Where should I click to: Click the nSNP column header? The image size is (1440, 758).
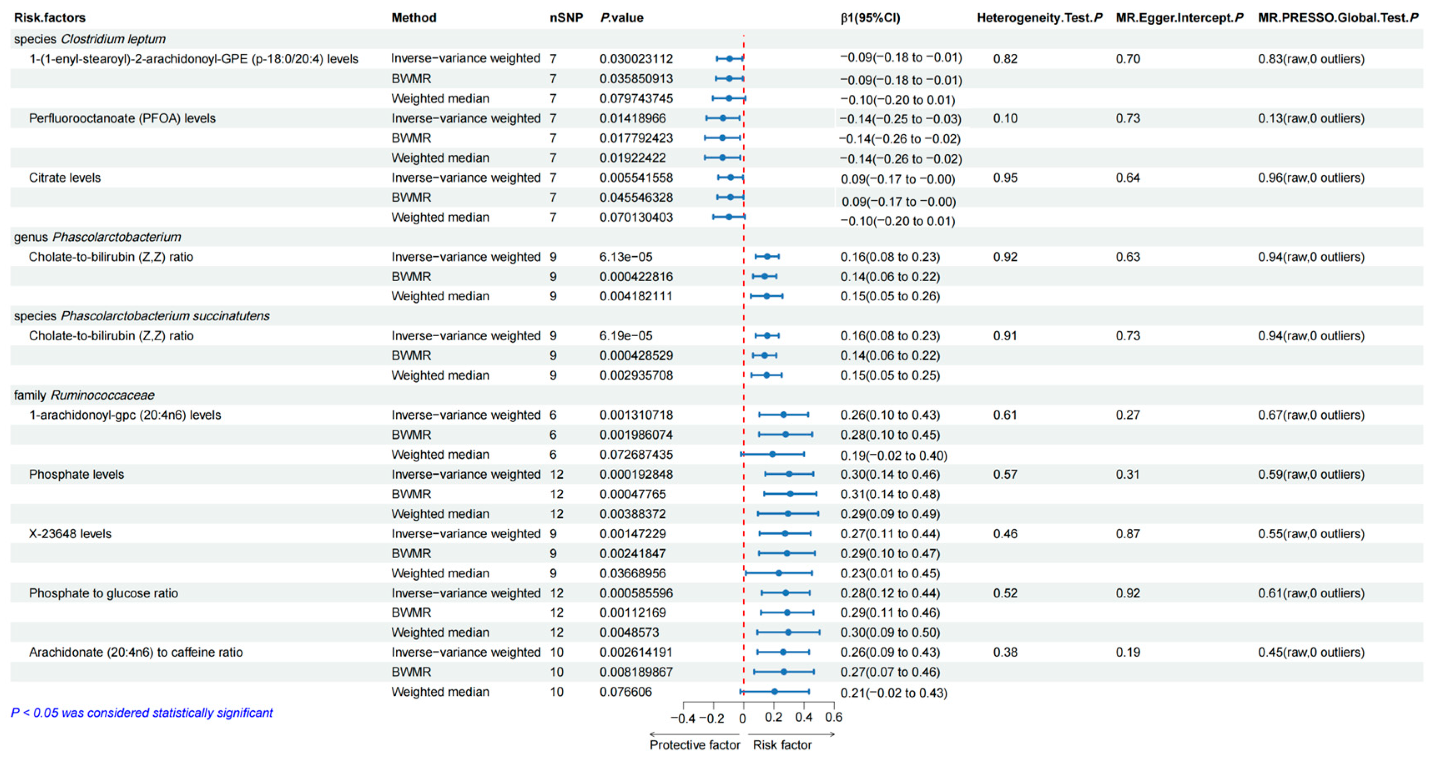(566, 18)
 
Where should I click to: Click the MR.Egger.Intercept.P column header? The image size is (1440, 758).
(1179, 18)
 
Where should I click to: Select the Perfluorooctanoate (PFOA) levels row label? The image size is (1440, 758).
(122, 118)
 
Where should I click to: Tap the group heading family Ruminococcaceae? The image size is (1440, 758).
(84, 395)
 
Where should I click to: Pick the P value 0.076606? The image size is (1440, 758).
(626, 692)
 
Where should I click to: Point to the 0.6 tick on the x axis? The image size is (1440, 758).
(833, 717)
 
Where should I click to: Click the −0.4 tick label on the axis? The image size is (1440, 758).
(682, 718)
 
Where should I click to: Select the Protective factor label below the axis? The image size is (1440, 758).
(694, 745)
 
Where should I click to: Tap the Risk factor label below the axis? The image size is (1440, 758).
(782, 745)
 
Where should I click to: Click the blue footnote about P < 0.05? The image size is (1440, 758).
(142, 713)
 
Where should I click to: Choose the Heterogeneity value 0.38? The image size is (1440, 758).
(1005, 652)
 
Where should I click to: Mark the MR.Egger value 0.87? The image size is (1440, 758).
(1128, 534)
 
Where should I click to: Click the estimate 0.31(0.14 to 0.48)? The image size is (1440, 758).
(890, 494)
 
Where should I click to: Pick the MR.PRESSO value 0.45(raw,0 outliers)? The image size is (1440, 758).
(1311, 652)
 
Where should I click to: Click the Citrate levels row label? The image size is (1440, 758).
(65, 178)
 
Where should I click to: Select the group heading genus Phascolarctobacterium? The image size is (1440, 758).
(97, 237)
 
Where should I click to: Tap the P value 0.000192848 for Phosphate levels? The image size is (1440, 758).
(636, 475)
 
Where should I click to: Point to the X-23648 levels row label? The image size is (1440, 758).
(70, 534)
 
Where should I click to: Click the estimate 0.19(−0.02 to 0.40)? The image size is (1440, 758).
(893, 456)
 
